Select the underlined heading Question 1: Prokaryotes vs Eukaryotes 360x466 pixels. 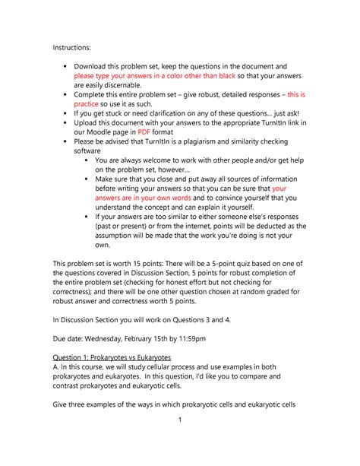coord(112,379)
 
